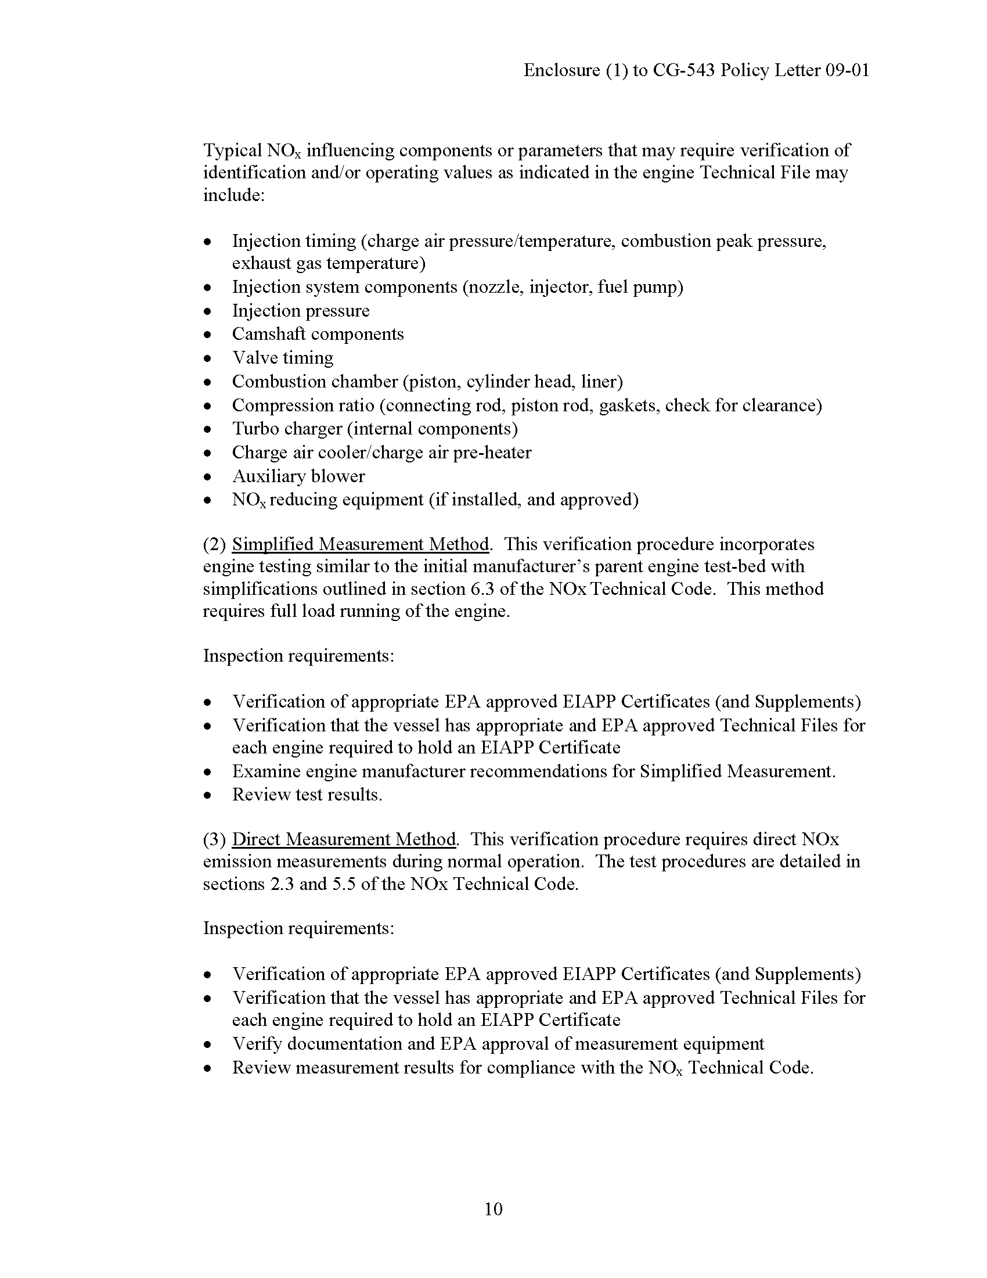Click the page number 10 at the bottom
point(493,1209)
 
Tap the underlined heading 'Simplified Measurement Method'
point(360,544)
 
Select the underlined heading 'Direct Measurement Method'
point(344,839)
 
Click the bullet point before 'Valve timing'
point(207,358)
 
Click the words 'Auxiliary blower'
point(298,476)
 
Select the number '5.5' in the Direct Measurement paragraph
point(344,884)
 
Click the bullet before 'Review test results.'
point(207,795)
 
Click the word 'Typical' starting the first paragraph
point(232,150)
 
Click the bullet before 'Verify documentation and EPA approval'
point(207,1044)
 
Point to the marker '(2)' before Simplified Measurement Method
point(214,544)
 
